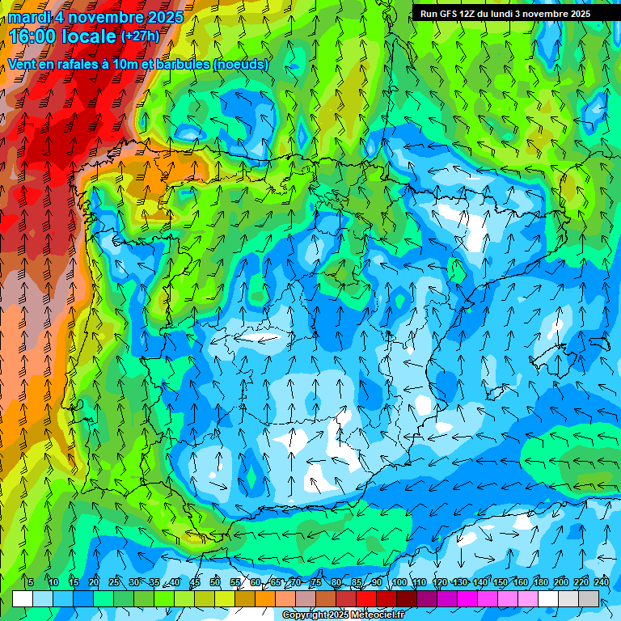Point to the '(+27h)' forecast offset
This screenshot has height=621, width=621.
(x=141, y=36)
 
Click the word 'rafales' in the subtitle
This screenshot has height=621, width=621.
(x=74, y=65)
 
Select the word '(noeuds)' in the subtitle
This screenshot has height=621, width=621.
(x=241, y=65)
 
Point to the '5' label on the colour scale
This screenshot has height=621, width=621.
(x=31, y=583)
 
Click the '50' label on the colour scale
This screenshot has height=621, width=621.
(x=215, y=583)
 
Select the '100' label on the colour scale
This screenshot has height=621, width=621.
(x=399, y=583)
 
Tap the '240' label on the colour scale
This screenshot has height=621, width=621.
(x=602, y=583)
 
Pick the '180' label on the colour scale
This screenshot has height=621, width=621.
(x=541, y=583)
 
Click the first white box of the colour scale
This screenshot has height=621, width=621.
(x=23, y=598)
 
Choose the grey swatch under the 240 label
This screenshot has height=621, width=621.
(x=589, y=598)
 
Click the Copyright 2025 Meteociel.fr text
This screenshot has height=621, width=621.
(x=343, y=615)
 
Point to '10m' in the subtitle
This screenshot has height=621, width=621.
(x=128, y=65)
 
